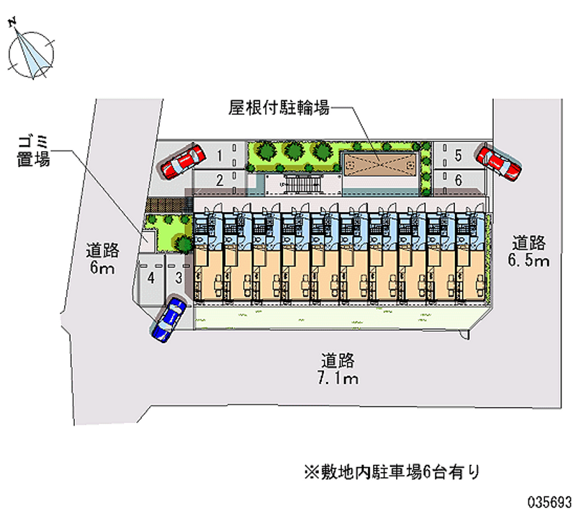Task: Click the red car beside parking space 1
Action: (x=181, y=161)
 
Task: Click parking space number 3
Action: (x=176, y=277)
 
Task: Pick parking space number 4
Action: (x=151, y=277)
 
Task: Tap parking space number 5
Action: (x=458, y=154)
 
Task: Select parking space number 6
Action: (x=458, y=180)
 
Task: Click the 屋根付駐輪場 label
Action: (x=279, y=109)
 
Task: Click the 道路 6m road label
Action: (x=102, y=259)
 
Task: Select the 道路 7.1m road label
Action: (x=338, y=368)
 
